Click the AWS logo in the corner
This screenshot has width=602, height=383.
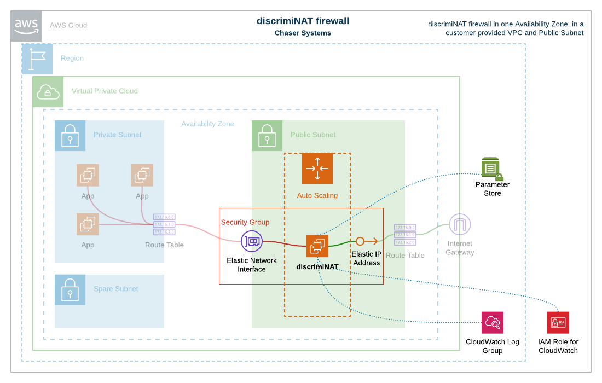[26, 26]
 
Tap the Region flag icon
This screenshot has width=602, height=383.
[37, 59]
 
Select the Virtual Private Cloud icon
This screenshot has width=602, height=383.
[48, 92]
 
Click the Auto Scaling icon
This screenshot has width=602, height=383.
[317, 169]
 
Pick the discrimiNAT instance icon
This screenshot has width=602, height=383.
[317, 246]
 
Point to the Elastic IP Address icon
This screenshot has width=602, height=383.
[366, 241]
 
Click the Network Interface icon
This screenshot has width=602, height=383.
[252, 241]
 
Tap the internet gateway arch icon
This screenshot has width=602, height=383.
[460, 224]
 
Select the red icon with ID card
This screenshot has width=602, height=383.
[558, 322]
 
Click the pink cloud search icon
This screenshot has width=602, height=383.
[493, 322]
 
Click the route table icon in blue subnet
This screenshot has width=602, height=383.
[164, 224]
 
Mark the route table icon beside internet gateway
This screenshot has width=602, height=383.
[405, 235]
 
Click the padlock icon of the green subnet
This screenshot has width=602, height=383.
[267, 135]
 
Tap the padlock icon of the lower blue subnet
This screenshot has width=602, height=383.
[70, 289]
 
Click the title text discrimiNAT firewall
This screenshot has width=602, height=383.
[303, 21]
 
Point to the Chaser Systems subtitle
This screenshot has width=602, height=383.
[303, 33]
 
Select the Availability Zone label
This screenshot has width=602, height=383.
[207, 124]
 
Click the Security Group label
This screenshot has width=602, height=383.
[245, 222]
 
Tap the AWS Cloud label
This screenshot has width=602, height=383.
[68, 25]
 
